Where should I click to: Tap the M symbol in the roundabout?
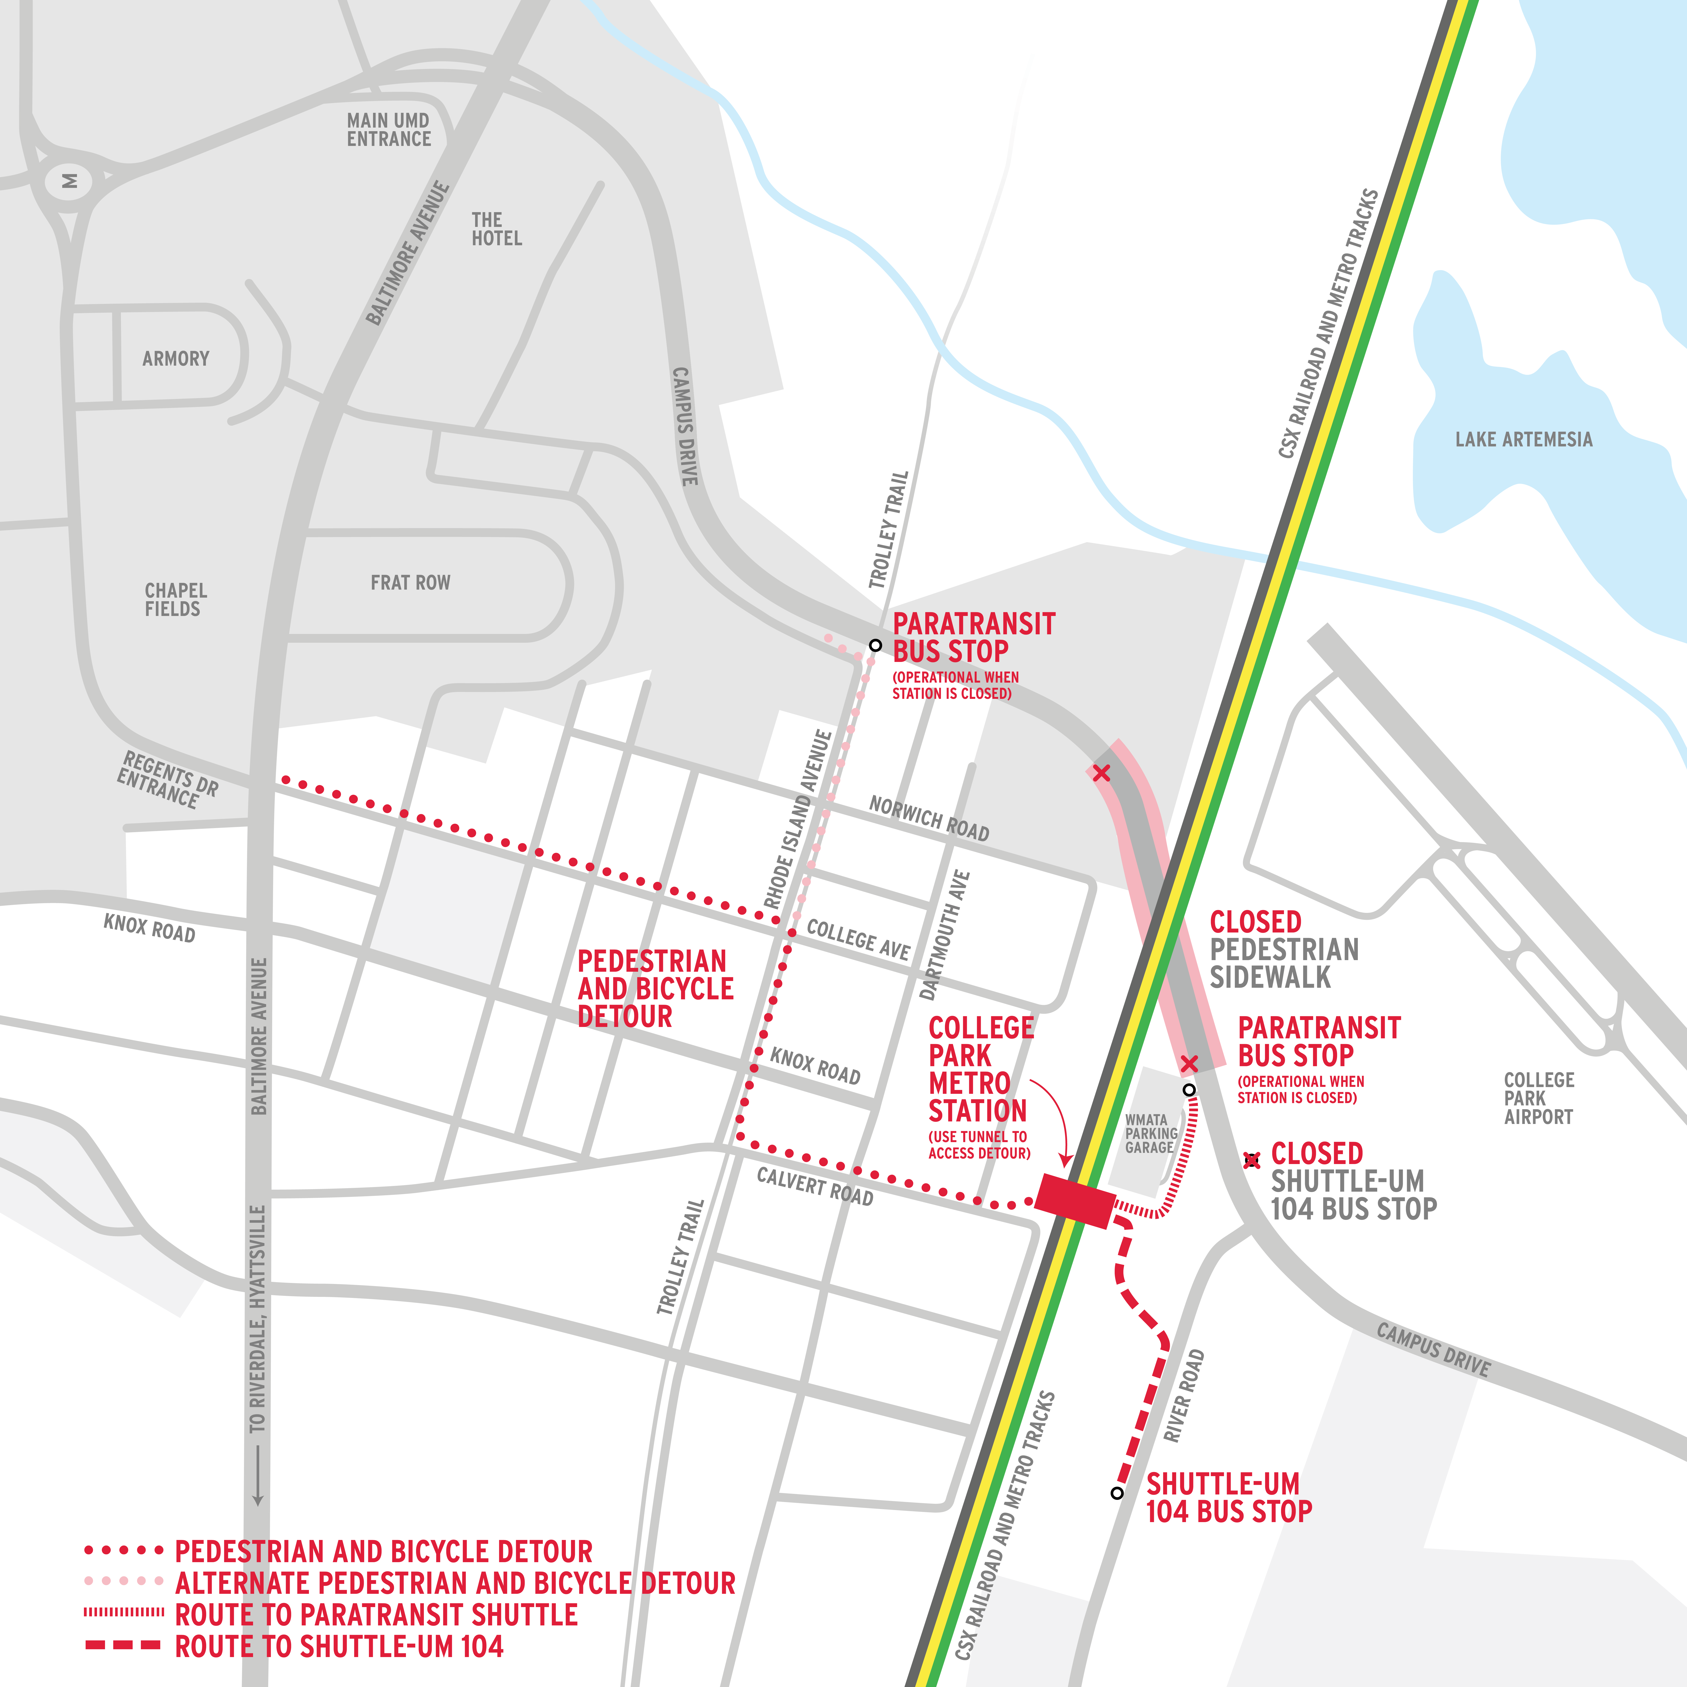tap(69, 182)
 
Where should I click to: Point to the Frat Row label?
tap(410, 582)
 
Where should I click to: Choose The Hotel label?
tap(496, 229)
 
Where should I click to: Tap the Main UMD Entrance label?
tap(389, 130)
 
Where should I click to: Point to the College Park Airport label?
tap(1539, 1098)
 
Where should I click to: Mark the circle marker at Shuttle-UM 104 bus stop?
tap(1117, 1493)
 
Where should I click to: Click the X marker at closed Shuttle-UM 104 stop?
tap(1252, 1160)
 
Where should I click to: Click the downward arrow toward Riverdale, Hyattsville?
tap(258, 1476)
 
